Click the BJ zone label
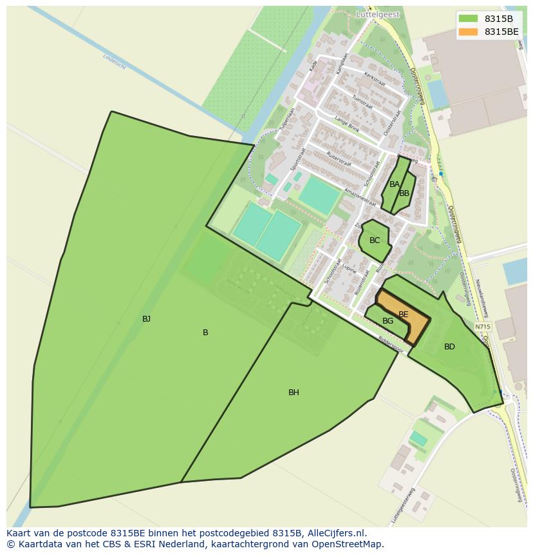pyautogui.click(x=146, y=318)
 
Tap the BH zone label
pyautogui.click(x=294, y=392)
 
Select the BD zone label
pyautogui.click(x=449, y=347)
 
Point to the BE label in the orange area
pyautogui.click(x=404, y=315)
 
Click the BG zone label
pyautogui.click(x=388, y=321)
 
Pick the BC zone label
pyautogui.click(x=375, y=240)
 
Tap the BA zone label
pyautogui.click(x=395, y=184)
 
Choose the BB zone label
pyautogui.click(x=404, y=193)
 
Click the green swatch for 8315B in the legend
pyautogui.click(x=468, y=18)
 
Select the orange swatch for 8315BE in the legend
pyautogui.click(x=468, y=32)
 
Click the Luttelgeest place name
pyautogui.click(x=377, y=14)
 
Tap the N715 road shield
pyautogui.click(x=483, y=327)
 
